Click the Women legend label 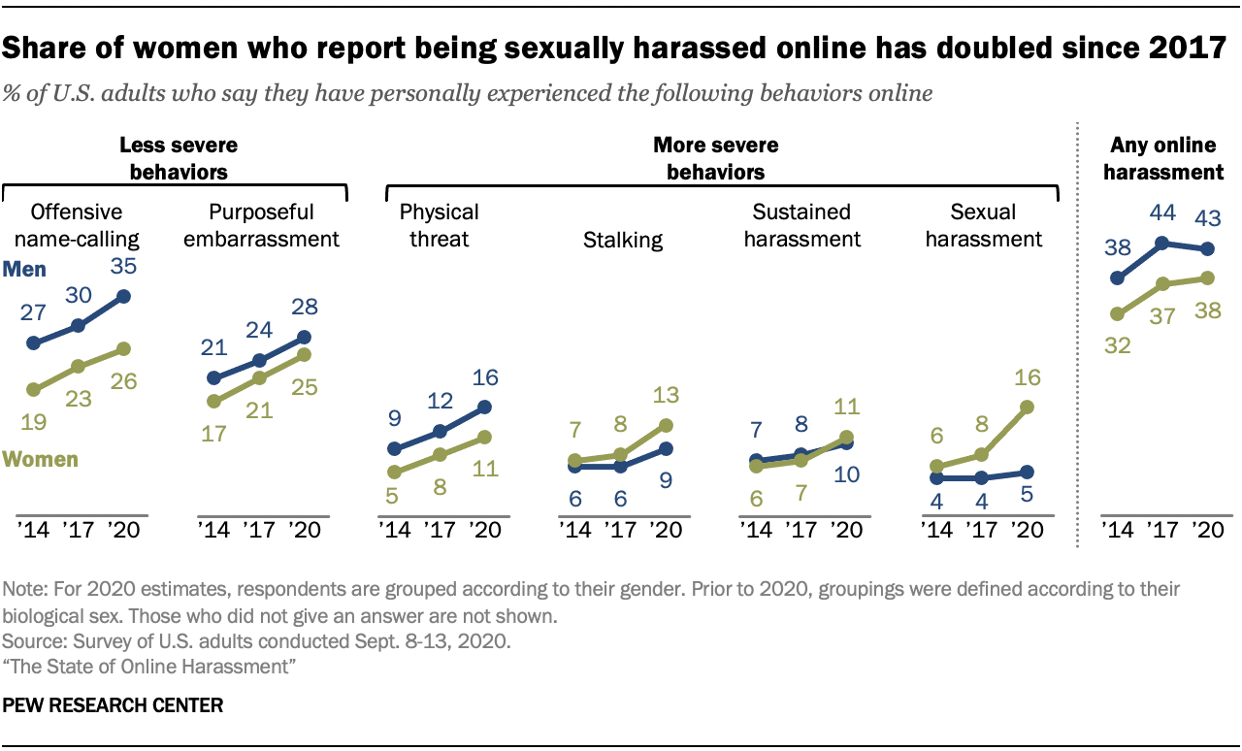tap(40, 459)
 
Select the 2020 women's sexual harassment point tap(1028, 408)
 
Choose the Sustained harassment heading tap(801, 224)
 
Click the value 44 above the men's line tap(1162, 211)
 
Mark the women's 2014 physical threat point tap(394, 473)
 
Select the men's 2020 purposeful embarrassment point tap(304, 337)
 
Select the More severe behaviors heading tap(715, 159)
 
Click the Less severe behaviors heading tap(178, 159)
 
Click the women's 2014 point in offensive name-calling tap(34, 390)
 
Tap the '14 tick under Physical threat tap(394, 531)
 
